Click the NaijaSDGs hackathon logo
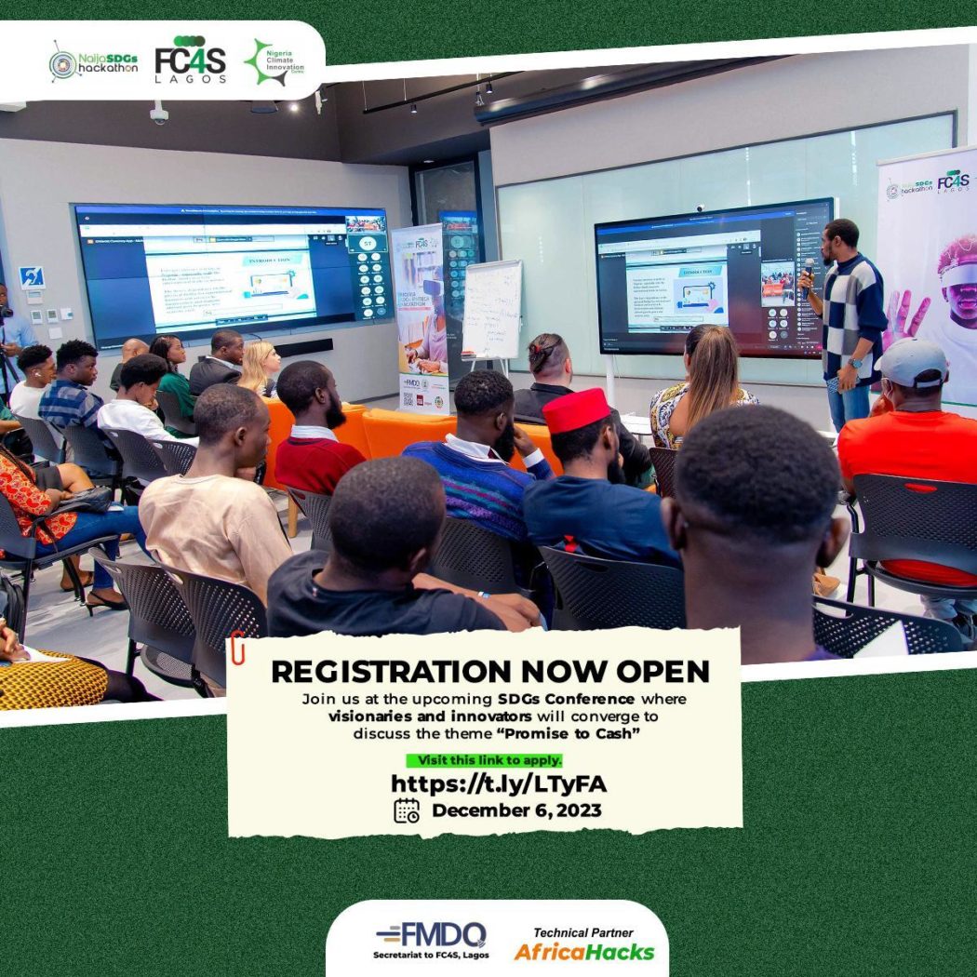point(93,63)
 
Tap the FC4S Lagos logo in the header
point(190,60)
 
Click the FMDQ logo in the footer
point(430,934)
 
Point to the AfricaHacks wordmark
point(584,952)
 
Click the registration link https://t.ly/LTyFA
point(498,783)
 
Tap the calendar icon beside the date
point(407,810)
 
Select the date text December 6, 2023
point(516,810)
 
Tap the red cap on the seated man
point(575,410)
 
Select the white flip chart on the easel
point(492,310)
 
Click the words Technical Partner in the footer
point(583,932)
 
